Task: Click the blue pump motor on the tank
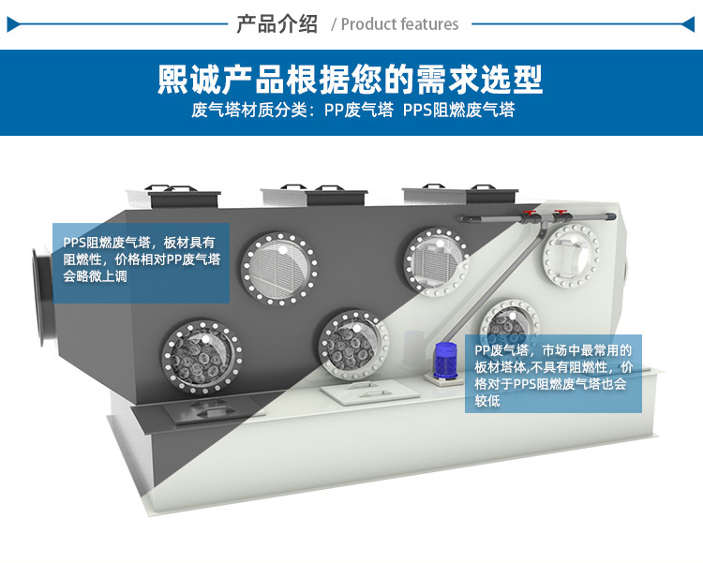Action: pos(445,360)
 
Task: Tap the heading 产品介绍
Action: pos(277,23)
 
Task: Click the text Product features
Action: pos(399,24)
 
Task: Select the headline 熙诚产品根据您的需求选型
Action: pos(351,80)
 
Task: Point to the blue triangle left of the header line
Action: pos(13,24)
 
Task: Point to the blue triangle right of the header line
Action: pos(688,24)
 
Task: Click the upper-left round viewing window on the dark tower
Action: pos(279,269)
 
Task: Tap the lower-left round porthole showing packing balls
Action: pos(202,357)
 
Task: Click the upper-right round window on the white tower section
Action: pos(571,256)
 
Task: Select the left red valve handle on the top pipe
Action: pos(531,214)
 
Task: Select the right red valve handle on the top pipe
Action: pos(561,213)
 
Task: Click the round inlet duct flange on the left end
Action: pos(39,297)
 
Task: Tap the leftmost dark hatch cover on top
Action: pos(183,196)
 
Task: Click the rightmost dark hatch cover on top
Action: pos(491,193)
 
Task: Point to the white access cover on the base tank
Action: pos(370,393)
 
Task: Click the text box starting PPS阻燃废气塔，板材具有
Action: pos(142,263)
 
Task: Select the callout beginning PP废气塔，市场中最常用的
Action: pos(553,374)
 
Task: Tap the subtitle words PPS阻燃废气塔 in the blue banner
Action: pos(458,111)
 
